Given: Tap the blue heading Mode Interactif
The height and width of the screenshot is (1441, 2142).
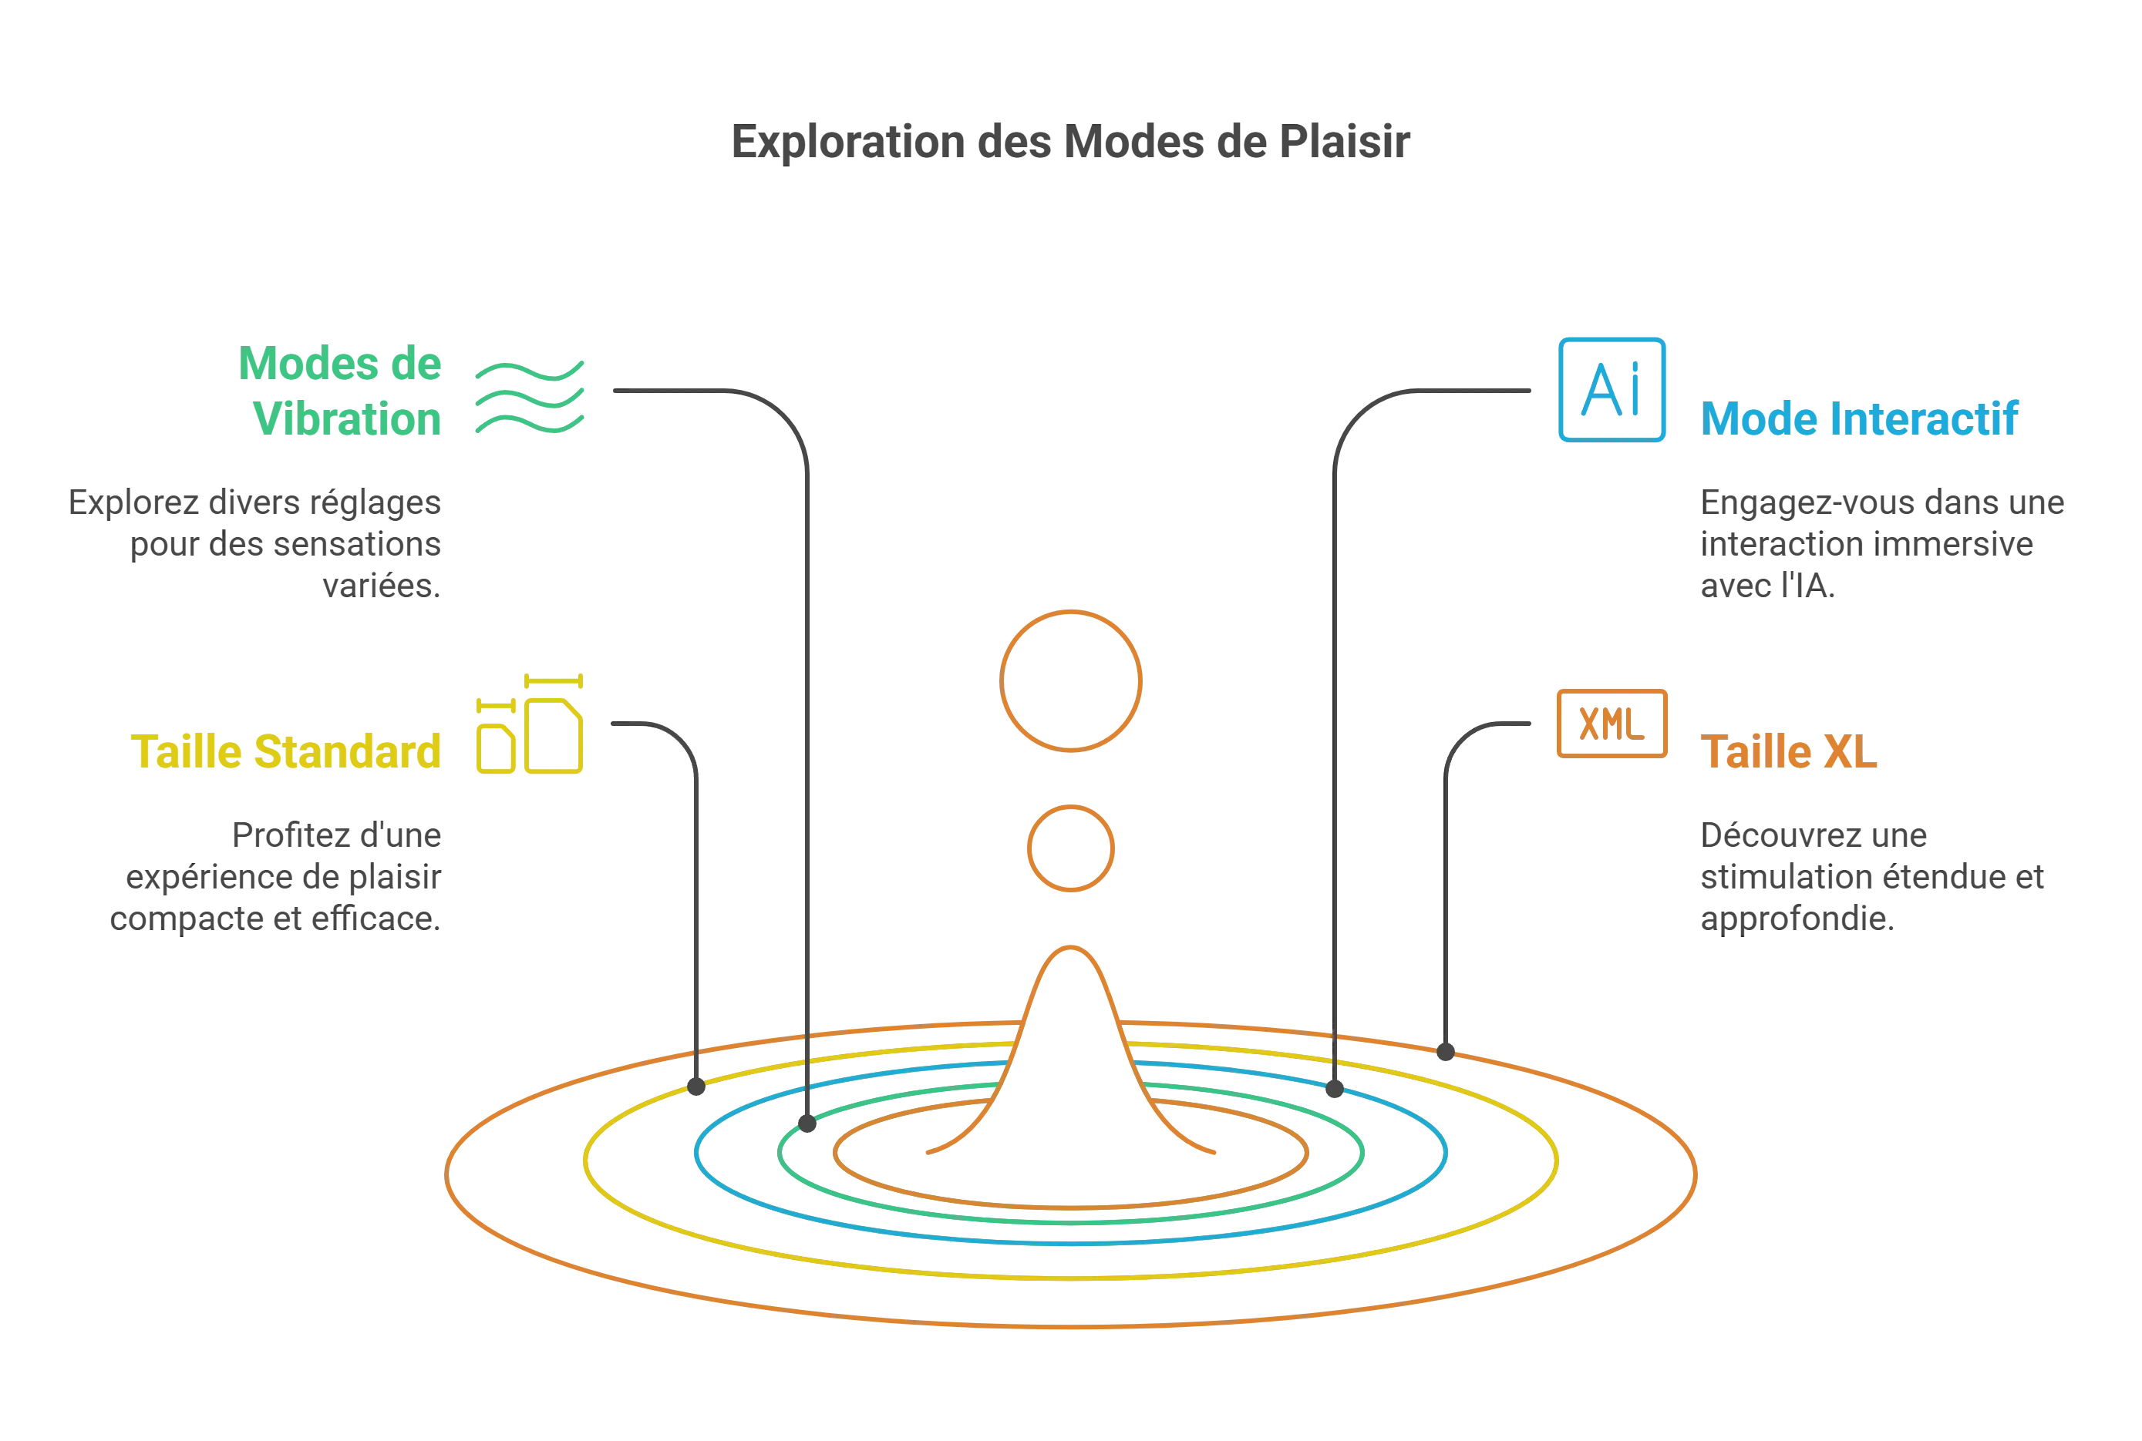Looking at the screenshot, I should click(1860, 419).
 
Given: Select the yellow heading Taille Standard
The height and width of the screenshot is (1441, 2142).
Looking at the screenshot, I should click(287, 752).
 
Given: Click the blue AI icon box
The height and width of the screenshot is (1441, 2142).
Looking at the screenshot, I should click(1612, 390).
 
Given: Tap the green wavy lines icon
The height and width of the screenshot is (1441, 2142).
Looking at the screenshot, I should click(530, 395).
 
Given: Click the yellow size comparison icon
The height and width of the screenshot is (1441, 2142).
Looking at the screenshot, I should click(530, 725).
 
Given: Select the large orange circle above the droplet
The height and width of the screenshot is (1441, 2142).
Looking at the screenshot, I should click(1071, 680).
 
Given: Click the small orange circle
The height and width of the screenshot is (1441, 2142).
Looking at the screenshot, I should click(1070, 848).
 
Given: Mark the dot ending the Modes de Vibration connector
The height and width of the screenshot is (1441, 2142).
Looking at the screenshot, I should click(808, 1124).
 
